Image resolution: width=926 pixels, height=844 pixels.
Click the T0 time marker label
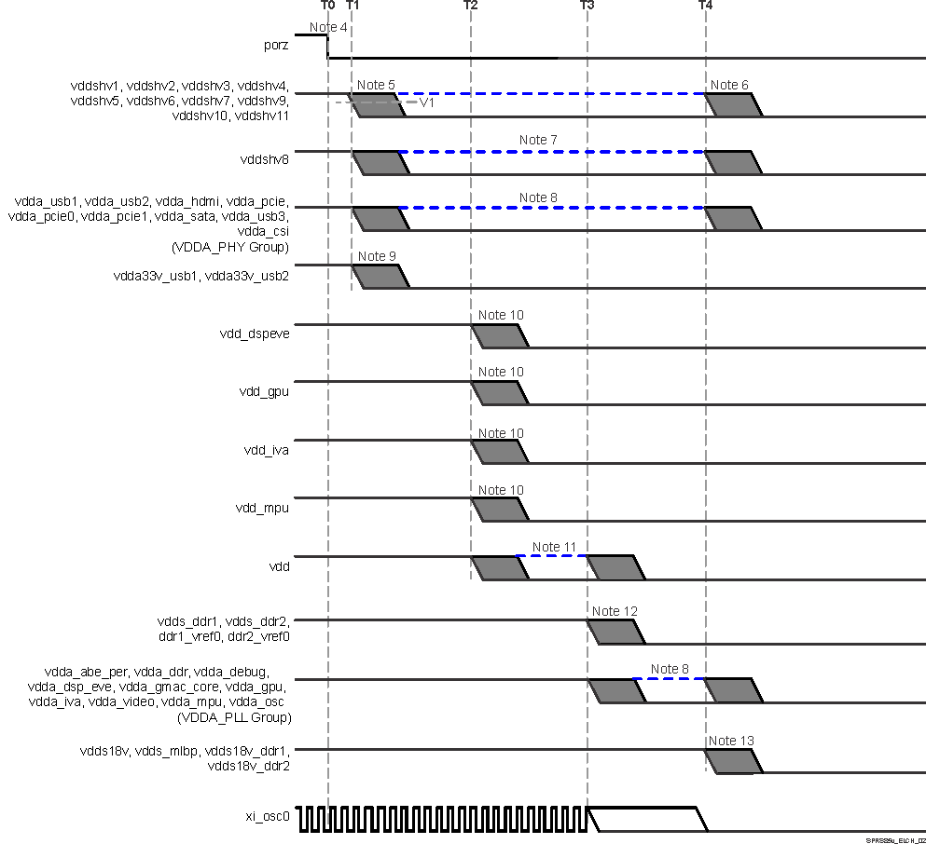point(327,6)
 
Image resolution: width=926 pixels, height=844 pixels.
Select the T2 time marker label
point(470,6)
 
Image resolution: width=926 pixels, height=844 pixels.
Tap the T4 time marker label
point(705,6)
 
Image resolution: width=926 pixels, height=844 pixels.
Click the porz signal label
point(277,44)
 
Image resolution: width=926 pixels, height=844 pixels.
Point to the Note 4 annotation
point(328,27)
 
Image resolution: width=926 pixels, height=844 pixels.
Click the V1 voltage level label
point(427,102)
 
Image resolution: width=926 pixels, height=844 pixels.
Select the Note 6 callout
point(729,85)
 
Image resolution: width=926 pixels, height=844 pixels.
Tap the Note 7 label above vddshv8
point(538,140)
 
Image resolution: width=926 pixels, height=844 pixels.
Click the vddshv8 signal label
point(265,159)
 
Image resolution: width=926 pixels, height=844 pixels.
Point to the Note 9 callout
point(377,256)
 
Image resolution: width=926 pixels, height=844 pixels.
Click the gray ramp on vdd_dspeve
point(502,335)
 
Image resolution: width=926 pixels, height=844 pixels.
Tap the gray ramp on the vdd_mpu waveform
point(502,510)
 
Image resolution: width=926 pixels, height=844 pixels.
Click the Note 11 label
point(554,547)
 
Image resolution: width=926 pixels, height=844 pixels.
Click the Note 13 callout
point(731,741)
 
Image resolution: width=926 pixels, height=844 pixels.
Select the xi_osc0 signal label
point(268,815)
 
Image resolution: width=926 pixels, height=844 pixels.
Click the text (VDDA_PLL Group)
point(233,717)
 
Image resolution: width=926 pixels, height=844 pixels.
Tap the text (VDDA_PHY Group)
point(231,247)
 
